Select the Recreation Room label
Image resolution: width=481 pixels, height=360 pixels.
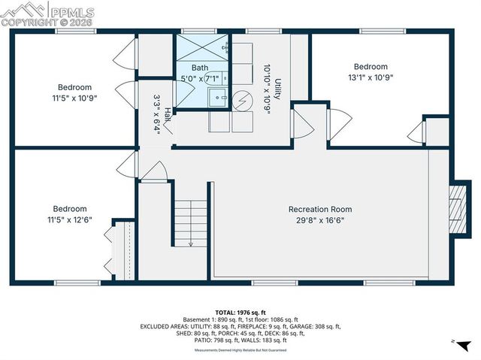point(320,209)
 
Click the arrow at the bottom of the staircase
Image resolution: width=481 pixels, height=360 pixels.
point(191,242)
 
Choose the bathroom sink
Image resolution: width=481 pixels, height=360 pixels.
point(218,96)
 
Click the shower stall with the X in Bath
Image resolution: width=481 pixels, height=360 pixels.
point(201,47)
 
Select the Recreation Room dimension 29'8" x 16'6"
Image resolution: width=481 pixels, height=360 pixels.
point(320,220)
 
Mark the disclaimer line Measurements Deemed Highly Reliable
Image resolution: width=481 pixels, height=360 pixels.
point(240,350)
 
